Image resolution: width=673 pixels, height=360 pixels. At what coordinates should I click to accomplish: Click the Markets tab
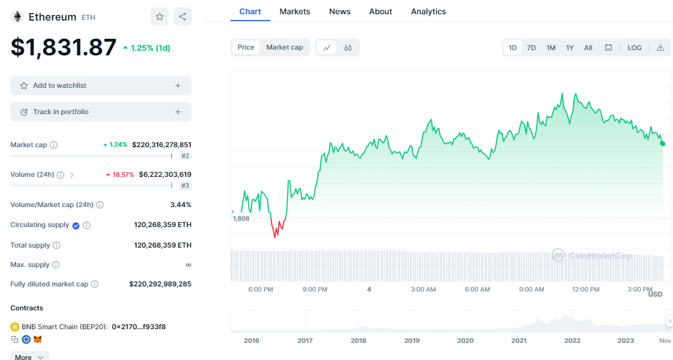[x=295, y=11]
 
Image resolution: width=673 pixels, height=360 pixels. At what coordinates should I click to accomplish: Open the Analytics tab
[x=428, y=11]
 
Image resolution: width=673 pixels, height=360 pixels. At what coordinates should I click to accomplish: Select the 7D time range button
[x=531, y=48]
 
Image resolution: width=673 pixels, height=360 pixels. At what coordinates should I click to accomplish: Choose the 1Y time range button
[x=570, y=48]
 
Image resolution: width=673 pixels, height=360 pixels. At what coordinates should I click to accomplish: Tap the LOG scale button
[x=634, y=48]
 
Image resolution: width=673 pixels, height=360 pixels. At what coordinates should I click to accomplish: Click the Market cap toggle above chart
[x=285, y=47]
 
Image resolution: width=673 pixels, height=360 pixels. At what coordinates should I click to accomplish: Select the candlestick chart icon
[x=348, y=48]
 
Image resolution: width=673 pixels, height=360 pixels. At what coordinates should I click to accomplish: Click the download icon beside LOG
[x=660, y=48]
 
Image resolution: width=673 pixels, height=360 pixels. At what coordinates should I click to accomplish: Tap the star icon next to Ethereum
[x=160, y=17]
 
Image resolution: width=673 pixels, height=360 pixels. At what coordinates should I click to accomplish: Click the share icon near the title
[x=183, y=17]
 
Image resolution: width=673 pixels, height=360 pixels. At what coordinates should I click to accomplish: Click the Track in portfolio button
[x=101, y=112]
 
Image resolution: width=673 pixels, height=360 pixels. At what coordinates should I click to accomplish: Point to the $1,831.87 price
[x=63, y=47]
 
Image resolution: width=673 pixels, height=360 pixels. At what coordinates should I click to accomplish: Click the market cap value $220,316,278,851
[x=161, y=145]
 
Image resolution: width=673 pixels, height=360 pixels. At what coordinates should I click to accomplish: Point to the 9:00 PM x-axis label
[x=315, y=289]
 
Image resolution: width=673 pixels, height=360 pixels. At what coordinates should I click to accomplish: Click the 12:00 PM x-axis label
[x=586, y=289]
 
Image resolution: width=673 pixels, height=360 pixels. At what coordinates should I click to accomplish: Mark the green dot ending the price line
[x=662, y=143]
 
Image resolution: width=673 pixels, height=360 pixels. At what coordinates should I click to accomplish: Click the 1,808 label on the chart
[x=241, y=219]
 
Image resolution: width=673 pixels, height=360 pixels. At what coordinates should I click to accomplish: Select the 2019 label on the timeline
[x=412, y=341]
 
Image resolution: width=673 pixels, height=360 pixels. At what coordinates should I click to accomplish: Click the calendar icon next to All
[x=609, y=48]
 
